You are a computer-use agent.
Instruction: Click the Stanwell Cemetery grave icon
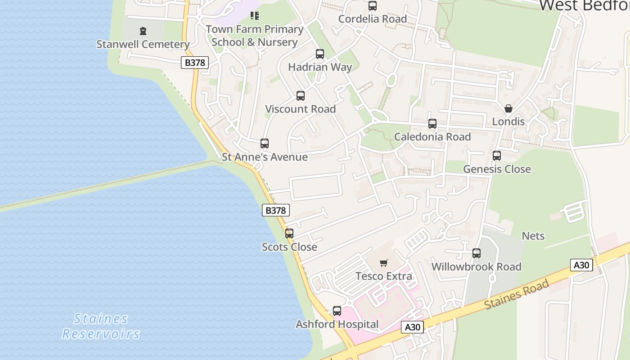click(143, 31)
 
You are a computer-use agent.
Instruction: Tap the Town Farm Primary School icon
click(255, 16)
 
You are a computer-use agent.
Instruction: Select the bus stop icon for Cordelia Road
click(373, 6)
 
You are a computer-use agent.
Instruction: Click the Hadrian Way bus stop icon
click(320, 54)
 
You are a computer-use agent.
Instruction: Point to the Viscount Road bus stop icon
click(301, 96)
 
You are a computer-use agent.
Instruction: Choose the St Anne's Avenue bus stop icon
click(265, 144)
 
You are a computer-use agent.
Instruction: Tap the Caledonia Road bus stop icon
click(432, 123)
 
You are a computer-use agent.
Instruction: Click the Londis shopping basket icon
click(508, 108)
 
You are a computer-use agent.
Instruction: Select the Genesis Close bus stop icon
click(497, 156)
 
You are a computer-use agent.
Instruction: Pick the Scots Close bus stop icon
click(289, 234)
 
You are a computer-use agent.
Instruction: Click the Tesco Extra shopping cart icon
click(384, 263)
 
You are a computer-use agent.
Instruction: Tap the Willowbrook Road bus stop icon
click(477, 253)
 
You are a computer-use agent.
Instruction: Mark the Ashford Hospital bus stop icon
click(337, 311)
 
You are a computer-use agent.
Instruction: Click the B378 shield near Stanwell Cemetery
click(195, 63)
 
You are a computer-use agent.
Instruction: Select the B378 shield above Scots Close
click(276, 210)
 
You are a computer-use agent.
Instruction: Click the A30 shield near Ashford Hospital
click(412, 327)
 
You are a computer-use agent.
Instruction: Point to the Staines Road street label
click(517, 294)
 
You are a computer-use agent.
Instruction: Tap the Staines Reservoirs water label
click(101, 326)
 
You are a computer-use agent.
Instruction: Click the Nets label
click(533, 236)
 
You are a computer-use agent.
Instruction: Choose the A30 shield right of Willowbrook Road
click(581, 265)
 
